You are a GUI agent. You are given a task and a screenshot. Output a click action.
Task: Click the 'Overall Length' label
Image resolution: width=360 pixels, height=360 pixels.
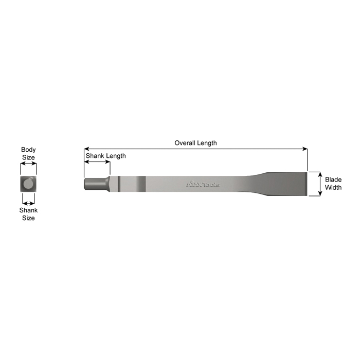click(x=195, y=143)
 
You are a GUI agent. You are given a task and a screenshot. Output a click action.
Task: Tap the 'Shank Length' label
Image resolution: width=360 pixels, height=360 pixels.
click(x=105, y=155)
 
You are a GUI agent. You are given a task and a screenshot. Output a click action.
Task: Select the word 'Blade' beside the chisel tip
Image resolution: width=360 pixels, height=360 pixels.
click(x=333, y=180)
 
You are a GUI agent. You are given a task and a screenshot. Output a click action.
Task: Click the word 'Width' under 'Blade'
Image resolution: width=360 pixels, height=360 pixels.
click(x=333, y=188)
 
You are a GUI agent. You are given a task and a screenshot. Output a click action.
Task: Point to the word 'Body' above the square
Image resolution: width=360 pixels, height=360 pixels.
click(x=28, y=150)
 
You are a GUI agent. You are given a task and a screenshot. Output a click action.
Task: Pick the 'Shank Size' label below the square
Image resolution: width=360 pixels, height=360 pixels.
click(x=28, y=214)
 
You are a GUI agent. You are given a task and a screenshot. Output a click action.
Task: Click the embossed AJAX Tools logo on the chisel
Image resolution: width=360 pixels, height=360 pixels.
click(x=203, y=184)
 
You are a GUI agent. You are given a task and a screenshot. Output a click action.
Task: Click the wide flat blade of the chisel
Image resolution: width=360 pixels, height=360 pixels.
click(x=288, y=184)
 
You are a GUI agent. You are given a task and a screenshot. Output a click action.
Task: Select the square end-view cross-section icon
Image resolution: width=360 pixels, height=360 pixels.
click(x=28, y=183)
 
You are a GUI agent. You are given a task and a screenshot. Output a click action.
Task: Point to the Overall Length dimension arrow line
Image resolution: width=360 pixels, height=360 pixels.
click(x=154, y=149)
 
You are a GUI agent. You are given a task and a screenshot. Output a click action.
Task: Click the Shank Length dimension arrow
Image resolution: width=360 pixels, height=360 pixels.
click(x=97, y=162)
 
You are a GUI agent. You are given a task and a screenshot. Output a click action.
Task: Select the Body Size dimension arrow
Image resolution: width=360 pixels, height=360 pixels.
click(x=28, y=165)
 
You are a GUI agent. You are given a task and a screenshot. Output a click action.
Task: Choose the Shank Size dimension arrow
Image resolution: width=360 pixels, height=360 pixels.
click(x=28, y=203)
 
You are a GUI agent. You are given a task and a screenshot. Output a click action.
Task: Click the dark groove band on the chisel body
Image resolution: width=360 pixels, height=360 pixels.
click(x=140, y=184)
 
